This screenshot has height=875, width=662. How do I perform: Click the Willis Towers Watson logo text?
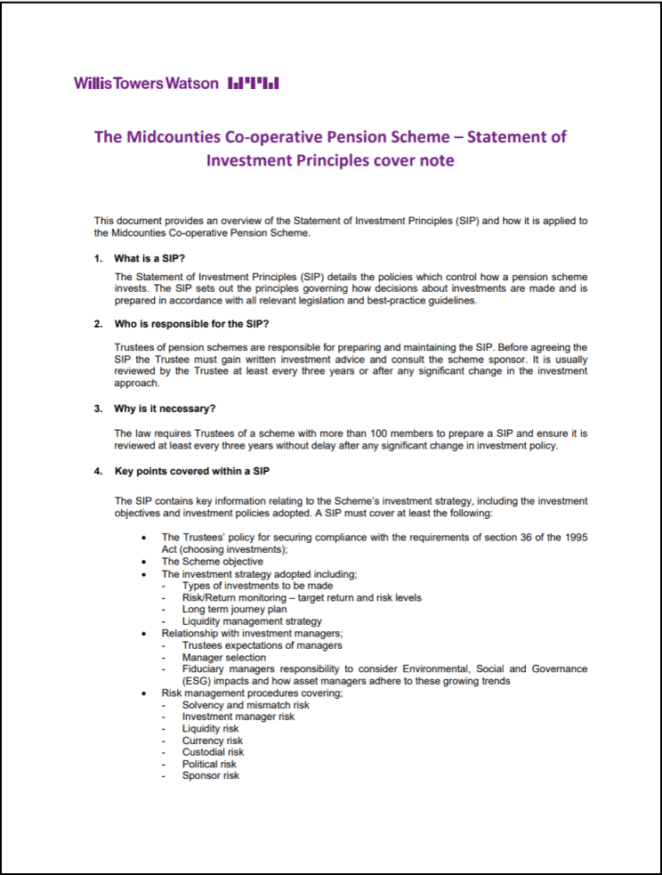(x=146, y=83)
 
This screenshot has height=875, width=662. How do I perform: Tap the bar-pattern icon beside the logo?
(x=254, y=84)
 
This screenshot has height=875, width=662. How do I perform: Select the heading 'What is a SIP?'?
(x=149, y=258)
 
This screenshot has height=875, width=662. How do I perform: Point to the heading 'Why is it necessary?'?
(x=165, y=409)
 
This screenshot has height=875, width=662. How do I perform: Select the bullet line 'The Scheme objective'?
(x=212, y=562)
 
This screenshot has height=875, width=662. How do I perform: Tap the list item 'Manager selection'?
(x=223, y=657)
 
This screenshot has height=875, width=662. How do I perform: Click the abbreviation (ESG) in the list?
(x=198, y=681)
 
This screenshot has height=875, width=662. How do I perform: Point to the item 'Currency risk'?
(x=212, y=741)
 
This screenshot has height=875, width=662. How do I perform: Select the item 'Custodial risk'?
(x=213, y=752)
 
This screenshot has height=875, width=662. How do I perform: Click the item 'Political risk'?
(x=209, y=764)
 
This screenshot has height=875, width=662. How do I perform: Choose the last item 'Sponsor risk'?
(x=210, y=775)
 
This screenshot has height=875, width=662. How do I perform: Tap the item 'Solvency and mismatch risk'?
(x=246, y=705)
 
